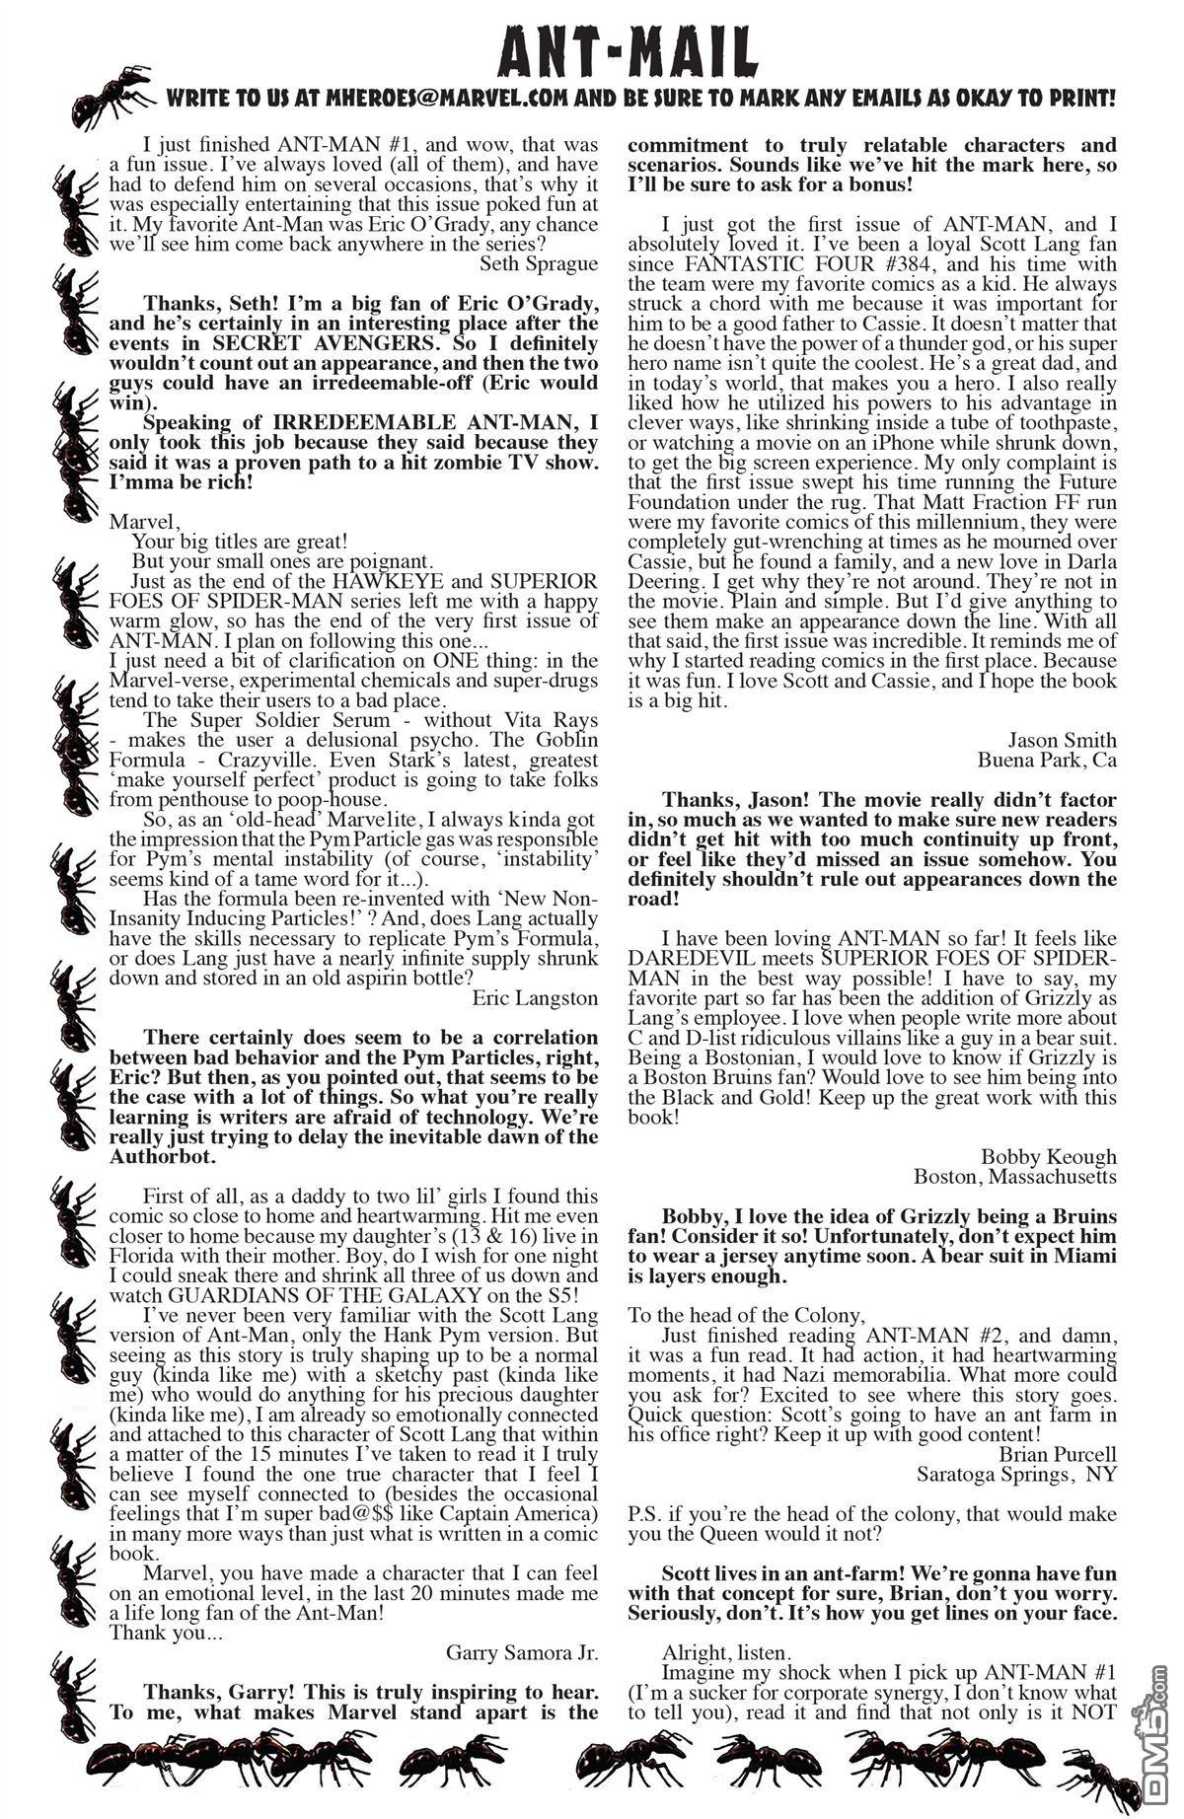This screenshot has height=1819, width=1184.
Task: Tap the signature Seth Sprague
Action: pos(538,263)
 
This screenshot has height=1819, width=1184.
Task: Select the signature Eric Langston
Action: pos(534,997)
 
